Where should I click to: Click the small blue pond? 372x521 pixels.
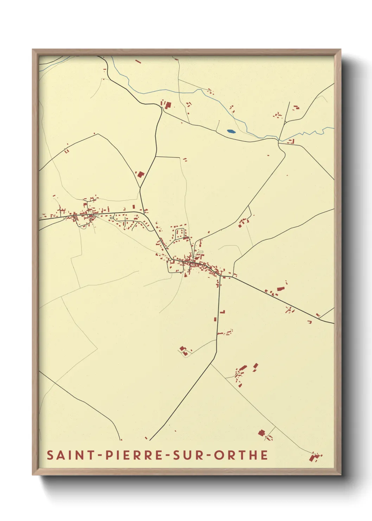tap(231, 132)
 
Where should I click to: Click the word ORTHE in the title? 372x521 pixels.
tap(241, 455)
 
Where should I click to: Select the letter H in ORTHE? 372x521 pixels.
tap(253, 455)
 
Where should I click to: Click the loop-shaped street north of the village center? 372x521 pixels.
tap(180, 234)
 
